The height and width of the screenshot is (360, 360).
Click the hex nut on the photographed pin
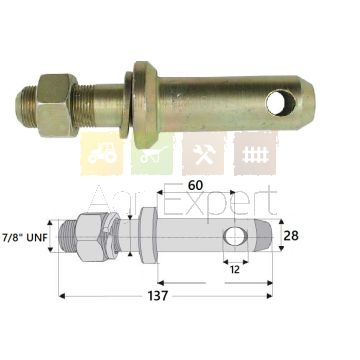(57, 105)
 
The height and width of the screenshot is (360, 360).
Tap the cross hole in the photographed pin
(281, 103)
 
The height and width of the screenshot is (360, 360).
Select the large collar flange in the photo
(146, 105)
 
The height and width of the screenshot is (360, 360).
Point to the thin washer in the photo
(126, 105)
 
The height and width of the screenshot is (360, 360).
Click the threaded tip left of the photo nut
(26, 106)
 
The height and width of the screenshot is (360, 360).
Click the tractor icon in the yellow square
(102, 154)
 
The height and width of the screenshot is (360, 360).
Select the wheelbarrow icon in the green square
(153, 154)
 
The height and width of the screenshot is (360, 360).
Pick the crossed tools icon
(204, 154)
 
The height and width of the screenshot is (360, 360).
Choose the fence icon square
(256, 154)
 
